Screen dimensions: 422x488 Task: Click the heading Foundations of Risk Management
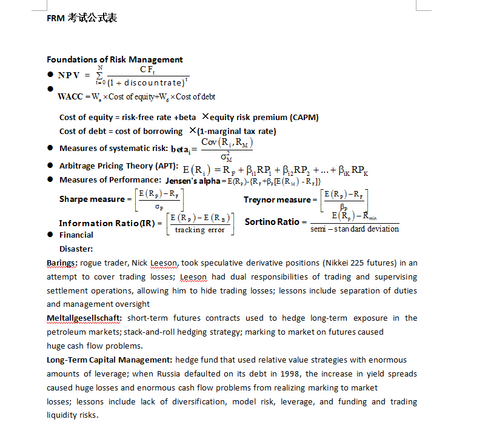(x=115, y=59)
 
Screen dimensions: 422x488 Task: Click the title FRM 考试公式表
(x=82, y=18)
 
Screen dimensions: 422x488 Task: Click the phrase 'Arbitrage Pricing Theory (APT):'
(x=118, y=166)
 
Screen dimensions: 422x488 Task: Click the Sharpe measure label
(x=92, y=199)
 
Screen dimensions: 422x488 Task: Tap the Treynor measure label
(x=276, y=200)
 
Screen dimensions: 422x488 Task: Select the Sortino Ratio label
(x=272, y=222)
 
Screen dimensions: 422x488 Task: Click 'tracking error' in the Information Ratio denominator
(x=199, y=230)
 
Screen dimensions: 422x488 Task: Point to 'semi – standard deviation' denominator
(x=355, y=229)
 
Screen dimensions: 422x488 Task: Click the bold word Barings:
(x=62, y=263)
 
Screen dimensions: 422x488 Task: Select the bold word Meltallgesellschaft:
(x=84, y=318)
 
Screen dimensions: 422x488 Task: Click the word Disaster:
(x=76, y=249)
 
